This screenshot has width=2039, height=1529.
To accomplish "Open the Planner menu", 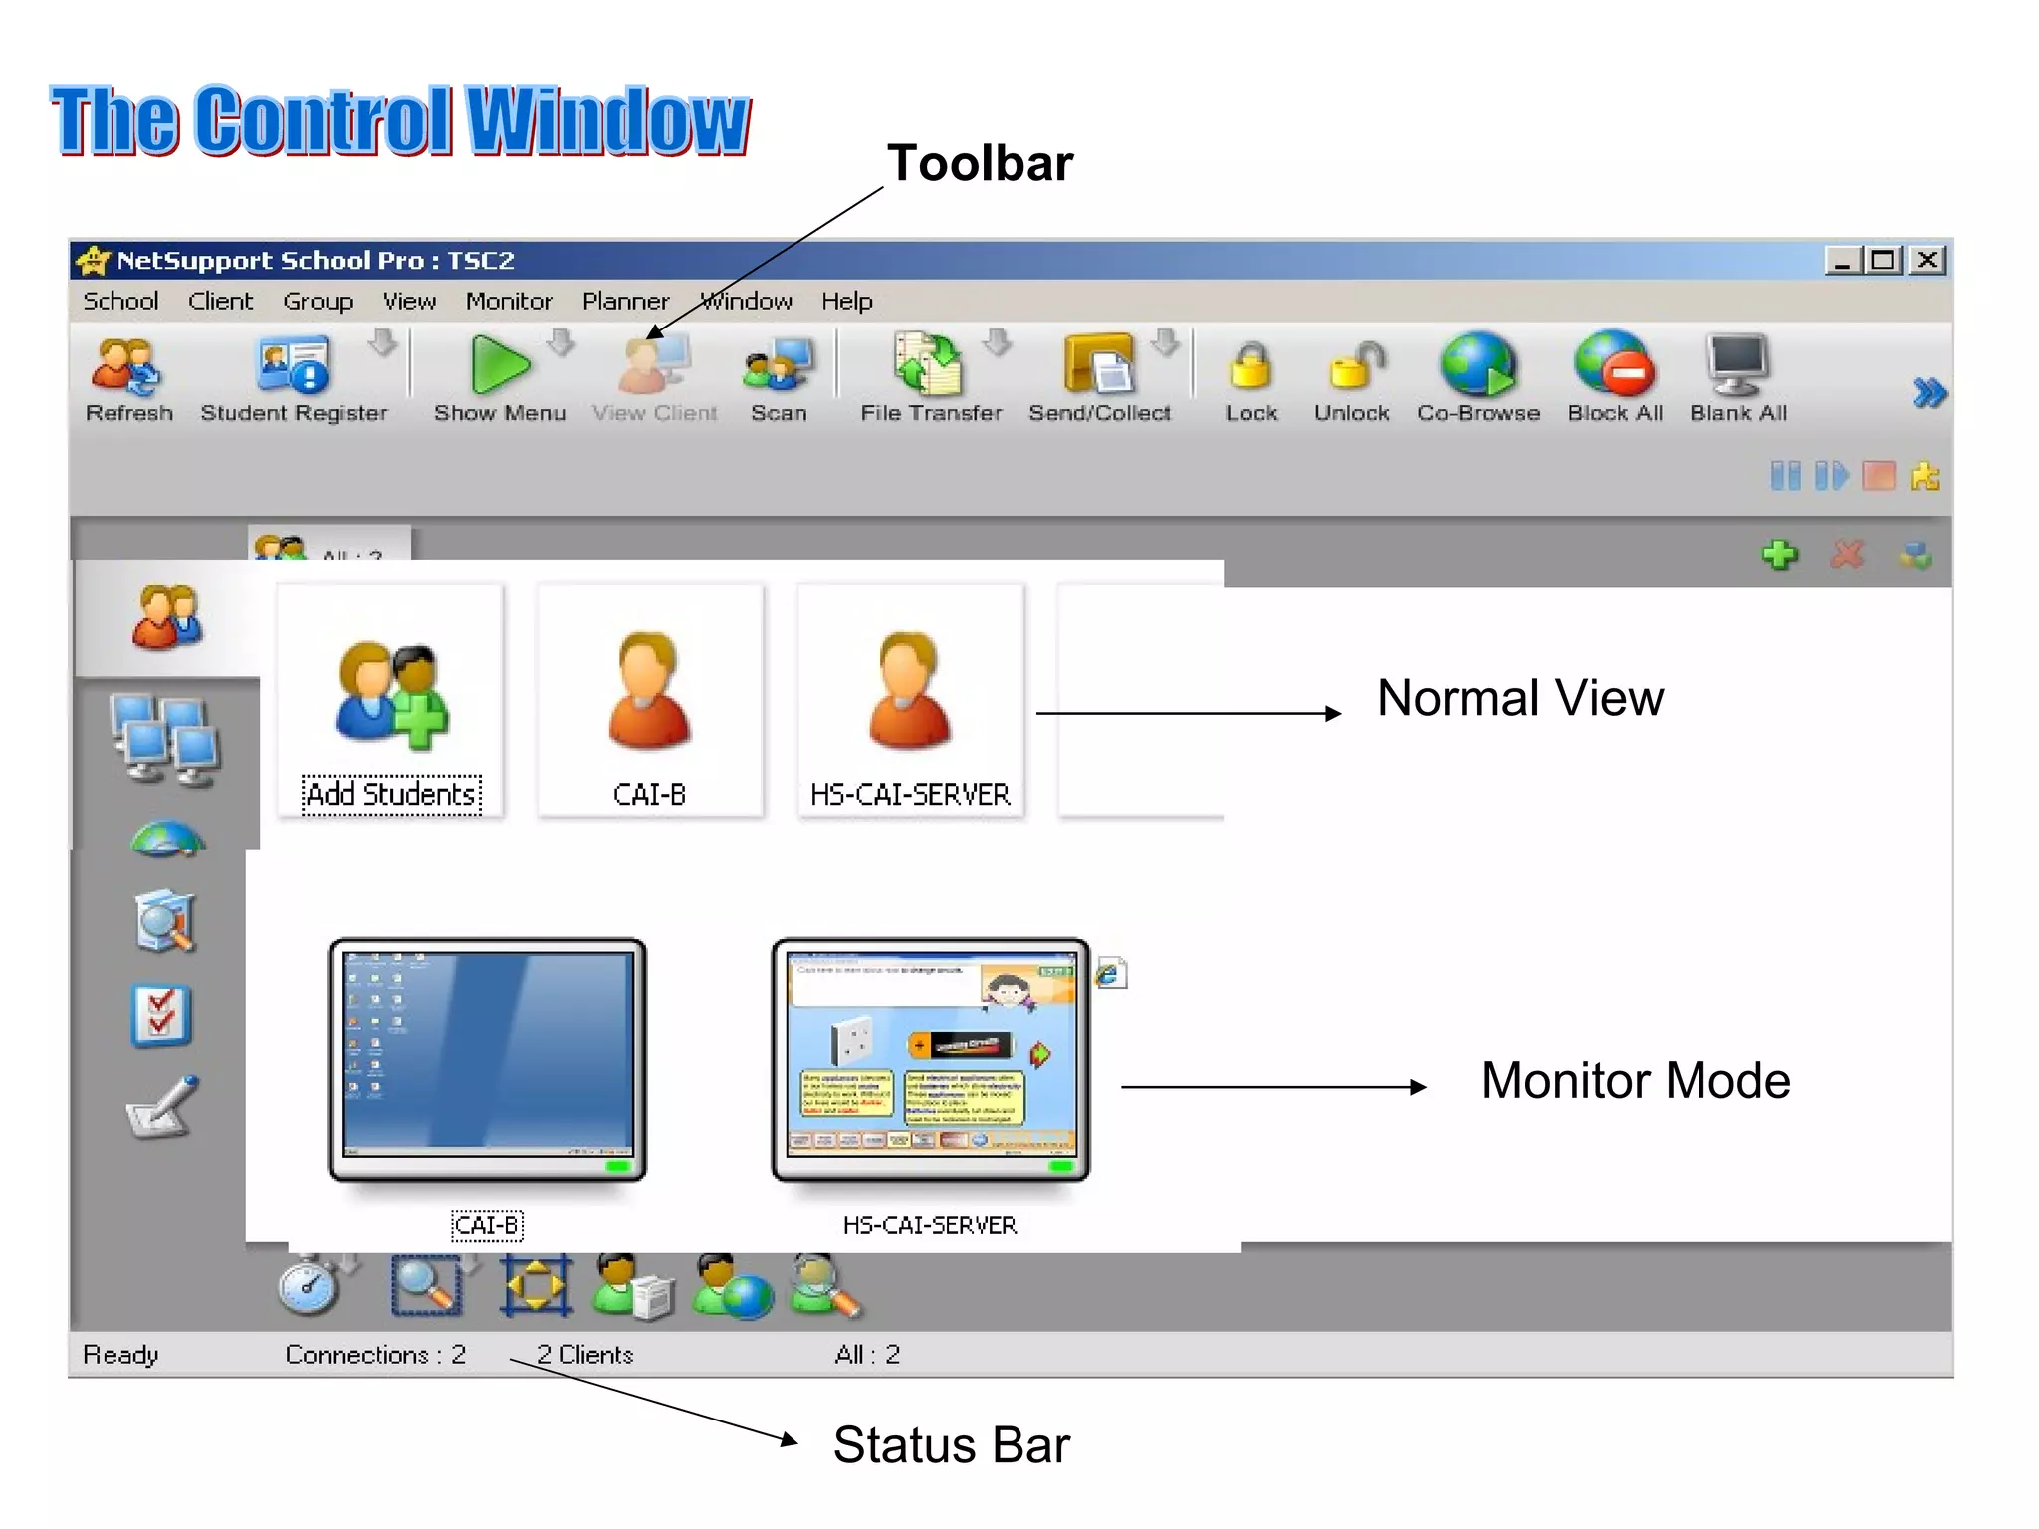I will (625, 301).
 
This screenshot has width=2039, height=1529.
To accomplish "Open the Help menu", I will (846, 301).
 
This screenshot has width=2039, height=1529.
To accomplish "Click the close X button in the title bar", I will (1927, 261).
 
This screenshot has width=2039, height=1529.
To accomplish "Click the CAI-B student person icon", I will (649, 693).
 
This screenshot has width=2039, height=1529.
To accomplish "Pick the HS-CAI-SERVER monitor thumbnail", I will (931, 1058).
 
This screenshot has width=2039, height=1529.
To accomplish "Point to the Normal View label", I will (1519, 698).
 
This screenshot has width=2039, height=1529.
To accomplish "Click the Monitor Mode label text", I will (1635, 1081).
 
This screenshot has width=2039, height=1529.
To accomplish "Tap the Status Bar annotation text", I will (951, 1445).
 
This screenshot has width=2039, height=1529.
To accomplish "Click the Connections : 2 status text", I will (375, 1355).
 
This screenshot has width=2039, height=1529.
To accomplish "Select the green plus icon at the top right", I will (1779, 554).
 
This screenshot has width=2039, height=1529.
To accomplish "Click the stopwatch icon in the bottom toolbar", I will (310, 1286).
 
